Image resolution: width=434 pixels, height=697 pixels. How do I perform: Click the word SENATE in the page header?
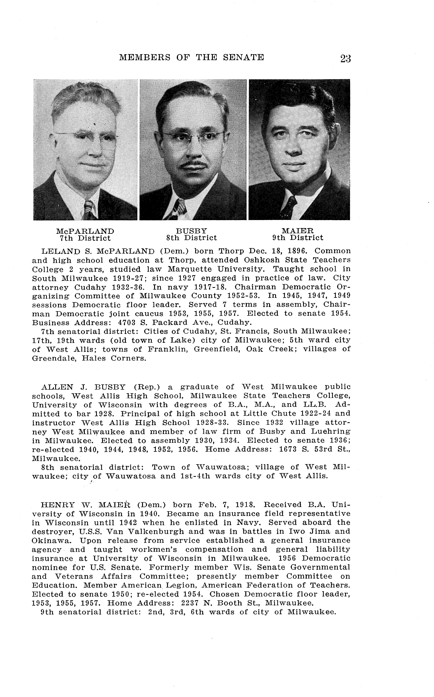(243, 57)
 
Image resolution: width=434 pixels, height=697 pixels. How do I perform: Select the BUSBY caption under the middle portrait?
(191, 231)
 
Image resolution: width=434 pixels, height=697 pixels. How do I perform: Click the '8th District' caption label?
(191, 238)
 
